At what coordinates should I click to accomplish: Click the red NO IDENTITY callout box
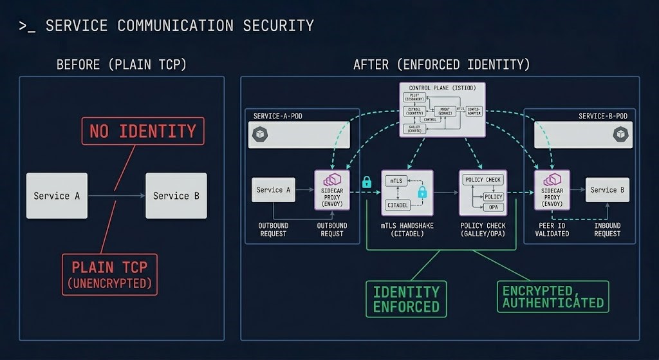point(143,131)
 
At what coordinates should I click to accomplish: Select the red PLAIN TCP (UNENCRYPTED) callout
point(109,274)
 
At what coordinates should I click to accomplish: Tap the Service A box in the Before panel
point(57,196)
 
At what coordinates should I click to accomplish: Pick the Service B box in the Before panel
point(176,196)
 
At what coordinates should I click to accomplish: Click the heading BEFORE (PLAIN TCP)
point(121,64)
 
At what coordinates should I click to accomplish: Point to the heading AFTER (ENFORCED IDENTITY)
point(441,64)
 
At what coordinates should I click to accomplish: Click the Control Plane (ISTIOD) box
point(442,109)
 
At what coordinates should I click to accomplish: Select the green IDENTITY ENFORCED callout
point(406,299)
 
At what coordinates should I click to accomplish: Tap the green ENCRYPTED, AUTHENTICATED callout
point(553,296)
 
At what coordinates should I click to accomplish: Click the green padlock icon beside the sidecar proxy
point(367,183)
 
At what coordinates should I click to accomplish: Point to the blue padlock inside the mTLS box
point(423,192)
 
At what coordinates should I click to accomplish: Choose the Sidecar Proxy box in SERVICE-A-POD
point(331,190)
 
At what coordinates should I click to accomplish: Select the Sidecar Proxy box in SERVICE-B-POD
point(552,190)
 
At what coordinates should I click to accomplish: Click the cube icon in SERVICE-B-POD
point(620,134)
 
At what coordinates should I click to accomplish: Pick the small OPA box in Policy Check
point(492,207)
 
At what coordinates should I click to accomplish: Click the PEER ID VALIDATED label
point(552,230)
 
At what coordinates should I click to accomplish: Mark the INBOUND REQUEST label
point(608,230)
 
